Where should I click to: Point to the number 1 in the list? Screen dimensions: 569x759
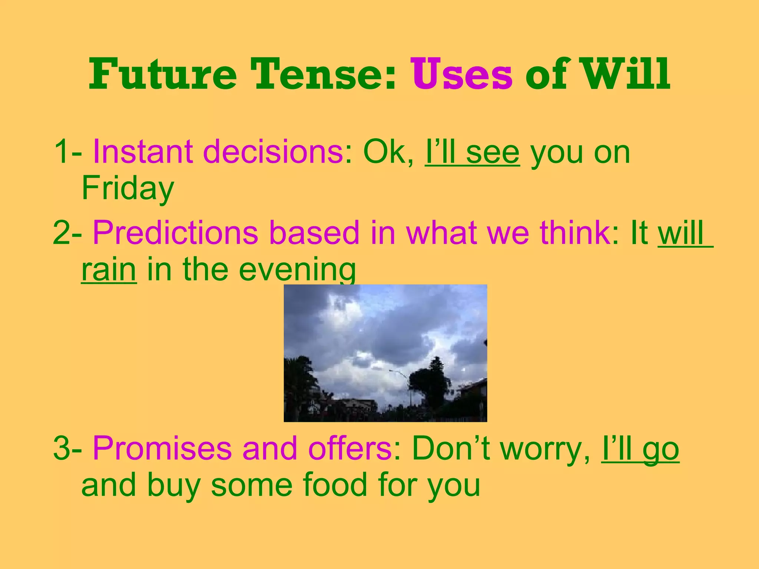point(61,152)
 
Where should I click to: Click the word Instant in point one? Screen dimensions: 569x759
point(143,152)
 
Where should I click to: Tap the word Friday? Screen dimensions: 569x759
point(127,188)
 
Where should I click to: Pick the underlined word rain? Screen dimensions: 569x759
point(109,269)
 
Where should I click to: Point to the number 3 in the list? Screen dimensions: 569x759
point(62,449)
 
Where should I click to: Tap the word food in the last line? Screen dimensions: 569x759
point(335,485)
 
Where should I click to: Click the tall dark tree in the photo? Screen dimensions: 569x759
point(432,385)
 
